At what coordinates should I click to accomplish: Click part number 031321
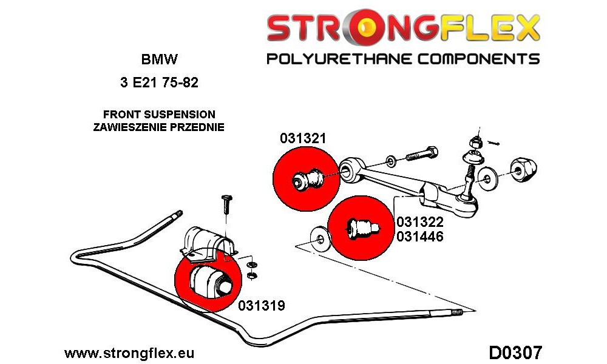click(303, 138)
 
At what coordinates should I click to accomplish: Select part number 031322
click(419, 222)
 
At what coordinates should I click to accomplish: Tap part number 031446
click(419, 237)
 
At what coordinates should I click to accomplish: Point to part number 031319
click(262, 306)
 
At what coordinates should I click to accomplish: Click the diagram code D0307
click(515, 353)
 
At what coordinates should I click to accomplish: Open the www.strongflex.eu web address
click(129, 353)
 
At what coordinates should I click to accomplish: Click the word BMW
click(160, 59)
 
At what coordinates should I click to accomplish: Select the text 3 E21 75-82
click(160, 83)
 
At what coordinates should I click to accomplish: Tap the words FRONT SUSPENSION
click(159, 115)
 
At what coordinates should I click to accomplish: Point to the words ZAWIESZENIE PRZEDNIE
click(158, 127)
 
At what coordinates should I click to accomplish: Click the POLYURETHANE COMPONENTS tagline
click(403, 59)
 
